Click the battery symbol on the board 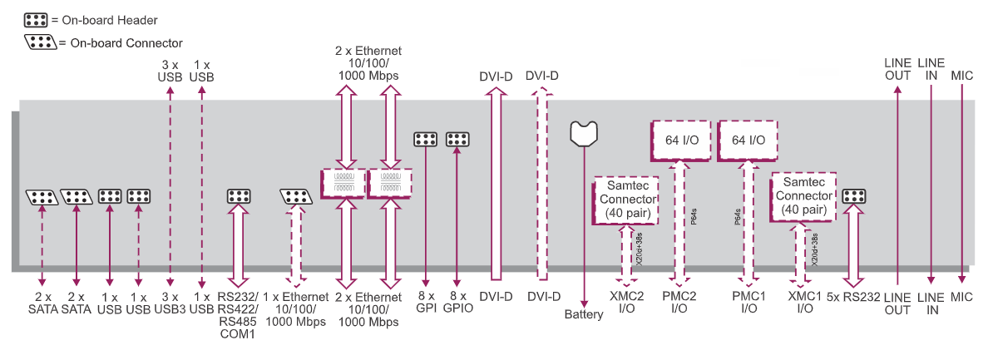tap(585, 133)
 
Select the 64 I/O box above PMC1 tap(748, 141)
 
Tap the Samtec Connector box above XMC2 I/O tap(626, 200)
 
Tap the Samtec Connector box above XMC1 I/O tap(803, 196)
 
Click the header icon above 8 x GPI tap(426, 139)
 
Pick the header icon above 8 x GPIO tap(458, 139)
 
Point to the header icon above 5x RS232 tap(854, 196)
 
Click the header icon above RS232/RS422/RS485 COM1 tap(240, 196)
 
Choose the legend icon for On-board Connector tap(41, 42)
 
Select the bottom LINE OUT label tap(897, 303)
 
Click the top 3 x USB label tap(170, 70)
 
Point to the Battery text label tap(584, 315)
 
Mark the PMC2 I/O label tap(679, 302)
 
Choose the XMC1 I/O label tap(804, 302)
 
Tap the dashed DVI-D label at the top tap(542, 76)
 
